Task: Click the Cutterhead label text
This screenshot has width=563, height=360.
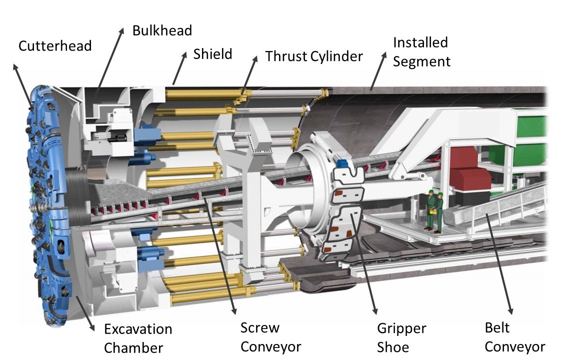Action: [x=55, y=46]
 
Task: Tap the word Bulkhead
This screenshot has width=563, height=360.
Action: [x=162, y=30]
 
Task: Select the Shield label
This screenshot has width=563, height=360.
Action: [x=212, y=54]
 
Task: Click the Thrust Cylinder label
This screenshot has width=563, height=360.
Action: [x=313, y=56]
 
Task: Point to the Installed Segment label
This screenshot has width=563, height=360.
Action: [x=421, y=52]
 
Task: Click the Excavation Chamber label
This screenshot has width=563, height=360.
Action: [x=137, y=338]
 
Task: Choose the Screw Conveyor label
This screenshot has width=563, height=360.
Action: [x=270, y=337]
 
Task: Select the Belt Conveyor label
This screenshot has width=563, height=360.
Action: [x=514, y=337]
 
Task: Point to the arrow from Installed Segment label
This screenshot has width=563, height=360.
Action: [x=378, y=69]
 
